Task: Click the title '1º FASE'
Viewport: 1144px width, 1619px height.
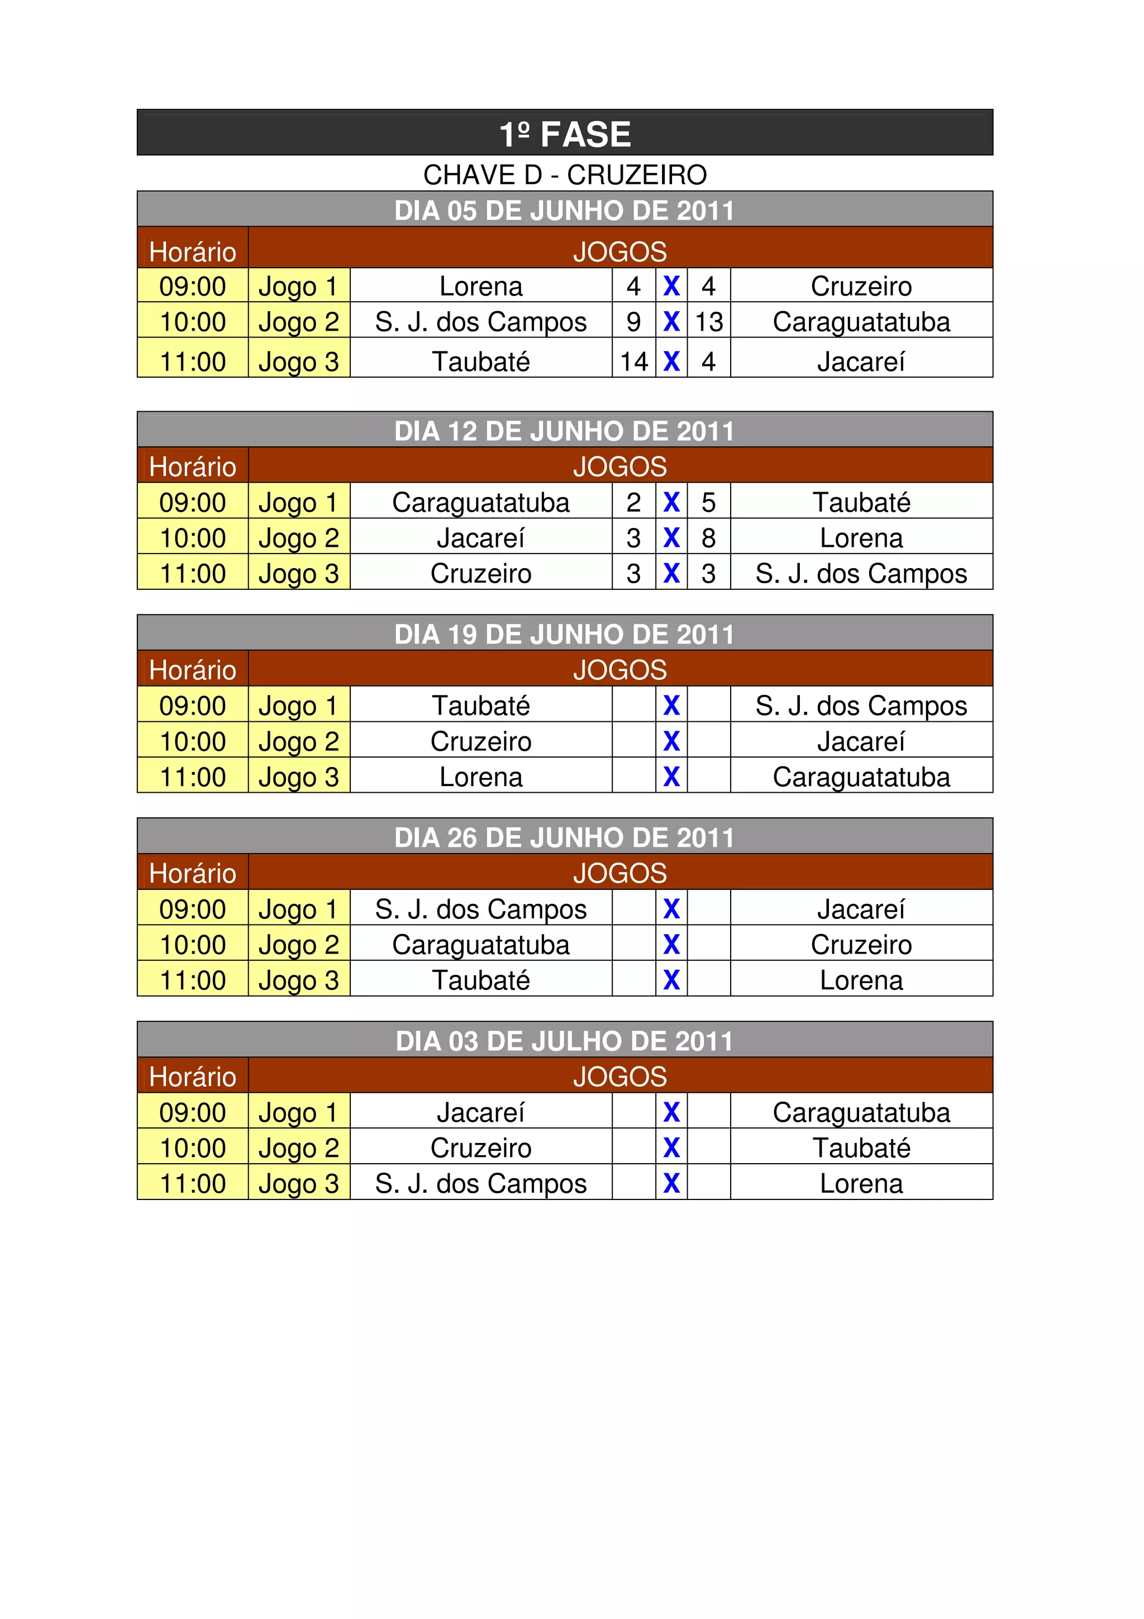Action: click(565, 134)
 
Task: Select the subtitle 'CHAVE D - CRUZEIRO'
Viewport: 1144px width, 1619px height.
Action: click(565, 175)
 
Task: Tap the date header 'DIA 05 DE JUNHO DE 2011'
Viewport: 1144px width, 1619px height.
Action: click(565, 210)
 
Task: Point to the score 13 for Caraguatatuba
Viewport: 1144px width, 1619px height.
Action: click(708, 322)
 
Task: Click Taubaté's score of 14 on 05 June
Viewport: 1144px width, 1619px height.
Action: click(633, 362)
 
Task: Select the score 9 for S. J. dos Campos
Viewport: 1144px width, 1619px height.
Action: click(633, 322)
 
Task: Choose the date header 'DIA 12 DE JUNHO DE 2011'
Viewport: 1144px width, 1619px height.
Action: click(565, 431)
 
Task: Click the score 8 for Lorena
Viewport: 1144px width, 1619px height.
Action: click(708, 538)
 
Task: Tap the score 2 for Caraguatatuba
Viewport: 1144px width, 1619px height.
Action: click(633, 503)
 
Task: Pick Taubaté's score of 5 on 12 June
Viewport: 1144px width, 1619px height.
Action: click(708, 503)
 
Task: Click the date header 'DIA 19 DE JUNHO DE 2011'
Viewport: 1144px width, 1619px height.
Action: click(565, 635)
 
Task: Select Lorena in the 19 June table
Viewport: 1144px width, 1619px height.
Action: click(481, 777)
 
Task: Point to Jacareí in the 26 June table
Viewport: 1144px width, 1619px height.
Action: click(861, 910)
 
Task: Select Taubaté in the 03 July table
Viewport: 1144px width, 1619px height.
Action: click(861, 1148)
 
